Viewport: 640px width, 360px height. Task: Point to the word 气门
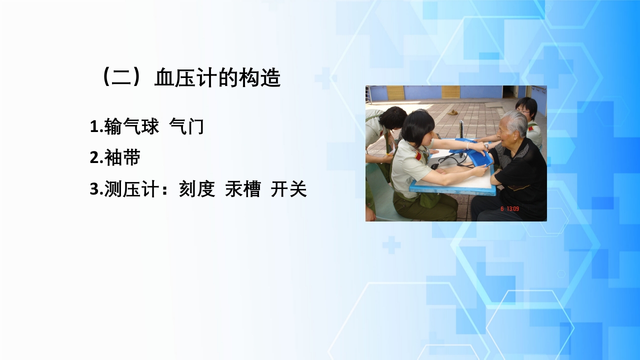click(186, 126)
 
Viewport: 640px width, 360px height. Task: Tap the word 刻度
click(197, 189)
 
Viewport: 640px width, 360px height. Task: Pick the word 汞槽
click(242, 189)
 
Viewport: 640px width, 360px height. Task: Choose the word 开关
click(288, 189)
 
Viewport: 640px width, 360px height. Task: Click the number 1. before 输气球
click(96, 127)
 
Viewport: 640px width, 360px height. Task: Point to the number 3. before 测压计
click(96, 190)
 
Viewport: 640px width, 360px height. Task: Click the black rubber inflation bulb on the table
click(435, 165)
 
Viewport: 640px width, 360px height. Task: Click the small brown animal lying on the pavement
click(452, 112)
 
